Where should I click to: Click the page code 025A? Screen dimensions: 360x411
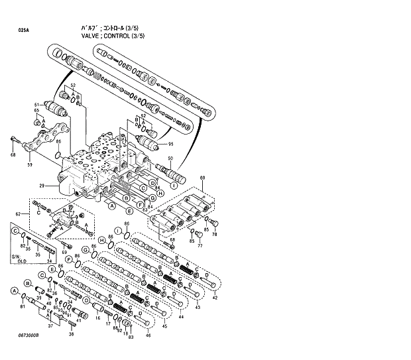point(24,30)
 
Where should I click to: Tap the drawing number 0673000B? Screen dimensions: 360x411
point(29,336)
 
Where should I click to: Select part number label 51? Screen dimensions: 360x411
point(37,105)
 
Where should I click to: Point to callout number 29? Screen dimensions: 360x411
point(41,185)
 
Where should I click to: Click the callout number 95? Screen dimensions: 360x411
point(170,144)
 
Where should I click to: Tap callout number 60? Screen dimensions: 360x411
point(202,177)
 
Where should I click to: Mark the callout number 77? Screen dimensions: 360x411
point(199,245)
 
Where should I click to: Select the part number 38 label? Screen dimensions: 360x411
point(72,334)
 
